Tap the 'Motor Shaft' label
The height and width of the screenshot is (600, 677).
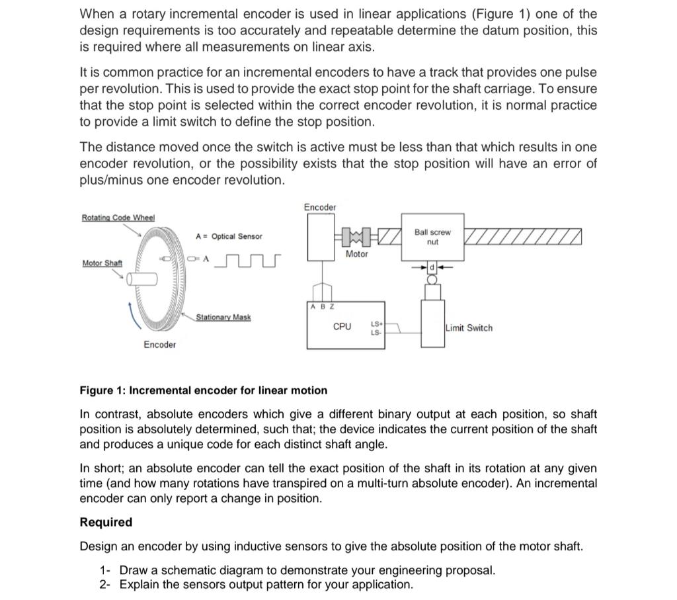(102, 263)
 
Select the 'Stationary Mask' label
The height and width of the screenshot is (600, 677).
(223, 318)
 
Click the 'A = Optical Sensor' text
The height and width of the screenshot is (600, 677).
(229, 236)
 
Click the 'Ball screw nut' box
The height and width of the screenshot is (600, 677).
(432, 237)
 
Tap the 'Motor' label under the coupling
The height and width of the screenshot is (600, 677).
(356, 254)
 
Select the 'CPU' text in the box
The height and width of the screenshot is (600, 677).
(342, 327)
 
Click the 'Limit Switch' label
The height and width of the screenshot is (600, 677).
(469, 328)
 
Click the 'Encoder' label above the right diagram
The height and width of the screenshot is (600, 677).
(320, 208)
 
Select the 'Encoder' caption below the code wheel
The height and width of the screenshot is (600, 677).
(160, 345)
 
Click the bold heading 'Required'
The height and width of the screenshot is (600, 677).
(106, 523)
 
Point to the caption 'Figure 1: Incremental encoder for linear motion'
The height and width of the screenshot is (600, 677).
(203, 390)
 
